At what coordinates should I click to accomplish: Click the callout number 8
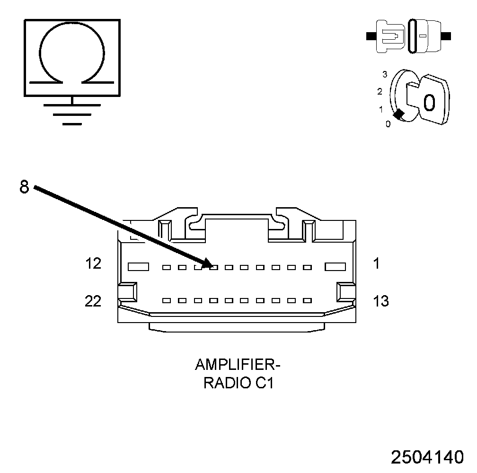click(x=24, y=187)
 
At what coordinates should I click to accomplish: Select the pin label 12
click(x=93, y=264)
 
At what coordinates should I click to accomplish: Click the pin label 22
click(x=93, y=301)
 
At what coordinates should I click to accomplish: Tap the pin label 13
click(x=381, y=301)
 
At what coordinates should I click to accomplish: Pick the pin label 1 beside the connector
click(x=376, y=264)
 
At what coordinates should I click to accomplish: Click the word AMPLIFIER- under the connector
click(x=238, y=365)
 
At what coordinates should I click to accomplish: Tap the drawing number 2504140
click(x=427, y=457)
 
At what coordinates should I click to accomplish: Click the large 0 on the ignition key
click(x=429, y=102)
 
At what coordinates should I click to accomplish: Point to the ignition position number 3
click(x=385, y=74)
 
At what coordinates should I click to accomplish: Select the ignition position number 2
click(x=380, y=91)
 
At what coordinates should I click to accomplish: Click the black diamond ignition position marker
click(x=399, y=114)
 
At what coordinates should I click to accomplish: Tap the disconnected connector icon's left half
click(x=390, y=36)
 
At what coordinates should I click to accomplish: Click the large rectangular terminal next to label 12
click(x=139, y=267)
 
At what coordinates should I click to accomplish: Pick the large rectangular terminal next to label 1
click(x=336, y=267)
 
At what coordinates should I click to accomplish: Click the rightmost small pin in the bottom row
click(x=307, y=300)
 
